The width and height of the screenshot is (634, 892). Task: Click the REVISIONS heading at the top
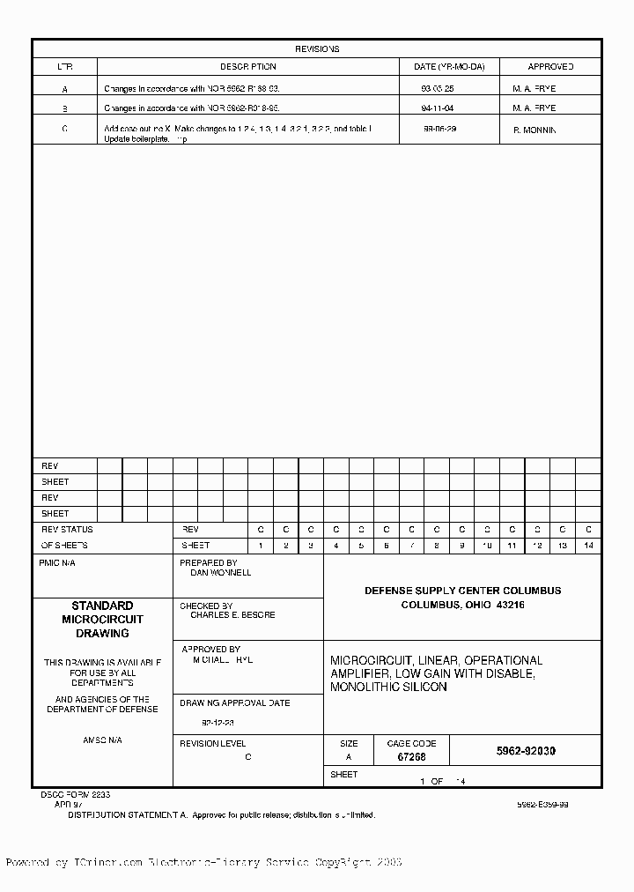pos(316,49)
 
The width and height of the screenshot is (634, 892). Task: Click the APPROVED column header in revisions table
pos(550,66)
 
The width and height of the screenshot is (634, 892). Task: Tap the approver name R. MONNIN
pos(534,130)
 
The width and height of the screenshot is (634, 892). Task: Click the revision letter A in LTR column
pos(64,89)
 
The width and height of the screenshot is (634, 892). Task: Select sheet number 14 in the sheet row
pos(588,546)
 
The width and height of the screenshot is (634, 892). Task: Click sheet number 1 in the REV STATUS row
pos(261,546)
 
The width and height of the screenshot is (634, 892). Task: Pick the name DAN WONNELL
pos(221,573)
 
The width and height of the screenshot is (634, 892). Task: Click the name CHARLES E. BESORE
pos(232,615)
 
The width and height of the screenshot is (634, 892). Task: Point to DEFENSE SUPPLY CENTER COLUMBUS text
pos(462,591)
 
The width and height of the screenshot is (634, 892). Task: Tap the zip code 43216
pos(510,606)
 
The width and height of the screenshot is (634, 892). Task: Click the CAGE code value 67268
pos(411,757)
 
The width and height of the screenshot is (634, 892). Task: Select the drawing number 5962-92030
pos(526,752)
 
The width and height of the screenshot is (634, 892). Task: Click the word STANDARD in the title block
pos(102,606)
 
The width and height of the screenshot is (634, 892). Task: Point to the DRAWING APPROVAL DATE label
pos(234,703)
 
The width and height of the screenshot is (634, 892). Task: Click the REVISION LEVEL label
pos(213,744)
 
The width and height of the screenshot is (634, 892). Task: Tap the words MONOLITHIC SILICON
pos(388,687)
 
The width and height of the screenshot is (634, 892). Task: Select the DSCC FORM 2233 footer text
pos(75,794)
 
